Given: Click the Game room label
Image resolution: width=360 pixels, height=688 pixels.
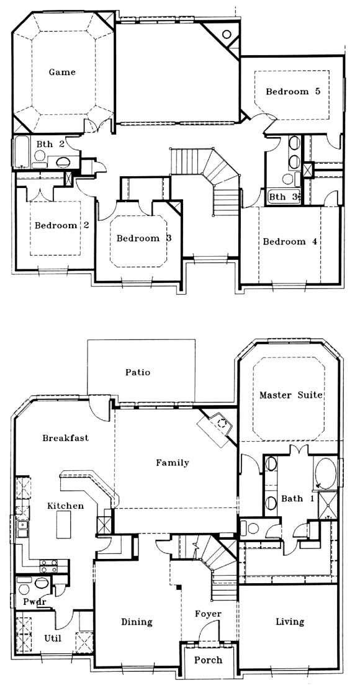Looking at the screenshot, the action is (x=62, y=73).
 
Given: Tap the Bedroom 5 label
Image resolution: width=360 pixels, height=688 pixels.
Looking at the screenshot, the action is (x=293, y=92).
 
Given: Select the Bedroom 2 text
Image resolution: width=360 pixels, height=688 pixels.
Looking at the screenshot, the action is (x=62, y=226).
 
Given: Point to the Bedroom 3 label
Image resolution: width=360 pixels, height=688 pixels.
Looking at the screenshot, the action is (x=144, y=239).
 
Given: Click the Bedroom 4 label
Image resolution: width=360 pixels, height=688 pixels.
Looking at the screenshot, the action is (x=290, y=242).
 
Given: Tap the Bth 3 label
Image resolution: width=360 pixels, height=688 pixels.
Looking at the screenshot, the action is (x=283, y=197).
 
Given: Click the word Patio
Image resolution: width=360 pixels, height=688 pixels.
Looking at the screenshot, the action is (x=138, y=372).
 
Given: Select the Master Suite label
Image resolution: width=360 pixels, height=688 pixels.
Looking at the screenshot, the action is (x=291, y=395).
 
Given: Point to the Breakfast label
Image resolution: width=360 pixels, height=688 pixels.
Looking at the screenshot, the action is (x=65, y=438).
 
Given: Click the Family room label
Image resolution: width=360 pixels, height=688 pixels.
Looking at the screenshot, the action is (x=173, y=463).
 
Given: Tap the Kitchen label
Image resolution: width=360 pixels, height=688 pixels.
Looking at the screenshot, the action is (x=65, y=506).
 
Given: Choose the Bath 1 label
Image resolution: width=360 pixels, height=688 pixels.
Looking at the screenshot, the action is (x=298, y=499).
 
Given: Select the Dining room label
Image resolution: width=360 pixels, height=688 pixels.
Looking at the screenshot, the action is (x=137, y=622).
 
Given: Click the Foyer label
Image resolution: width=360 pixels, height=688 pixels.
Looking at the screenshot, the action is (x=208, y=614).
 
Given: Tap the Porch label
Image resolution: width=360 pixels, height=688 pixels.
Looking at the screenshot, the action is (x=209, y=660).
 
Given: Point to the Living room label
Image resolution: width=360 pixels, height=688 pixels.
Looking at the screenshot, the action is (x=290, y=622).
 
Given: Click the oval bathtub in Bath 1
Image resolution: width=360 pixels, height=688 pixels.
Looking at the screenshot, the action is (x=325, y=474).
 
